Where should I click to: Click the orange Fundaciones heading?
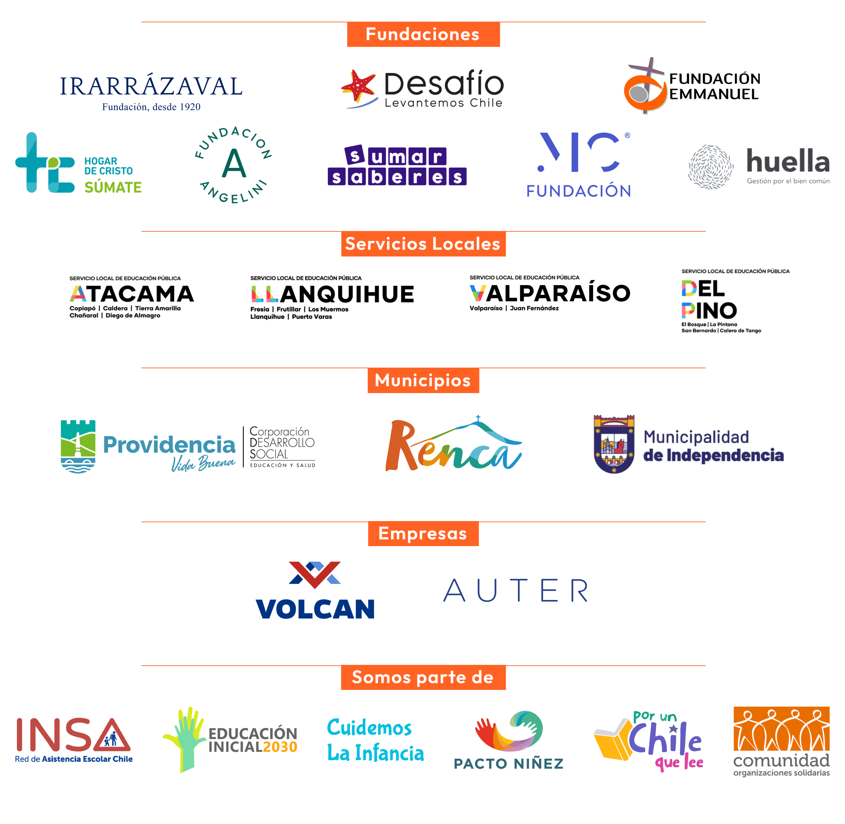point(423,34)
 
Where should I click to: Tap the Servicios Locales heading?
point(423,244)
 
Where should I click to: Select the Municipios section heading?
point(423,380)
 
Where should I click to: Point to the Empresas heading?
point(423,534)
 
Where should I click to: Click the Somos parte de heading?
point(423,677)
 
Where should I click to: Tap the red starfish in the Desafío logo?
point(358,86)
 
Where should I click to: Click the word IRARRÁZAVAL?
point(151,86)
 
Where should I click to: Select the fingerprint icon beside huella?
point(711,167)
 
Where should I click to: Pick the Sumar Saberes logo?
point(397,165)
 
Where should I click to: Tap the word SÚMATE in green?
point(113,187)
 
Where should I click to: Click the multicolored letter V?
point(478,293)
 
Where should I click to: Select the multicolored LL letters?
point(265,294)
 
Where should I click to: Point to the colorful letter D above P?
point(689,288)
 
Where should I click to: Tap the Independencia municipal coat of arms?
point(614,444)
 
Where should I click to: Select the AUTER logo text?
point(516,590)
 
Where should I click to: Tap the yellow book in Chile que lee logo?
point(612,741)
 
